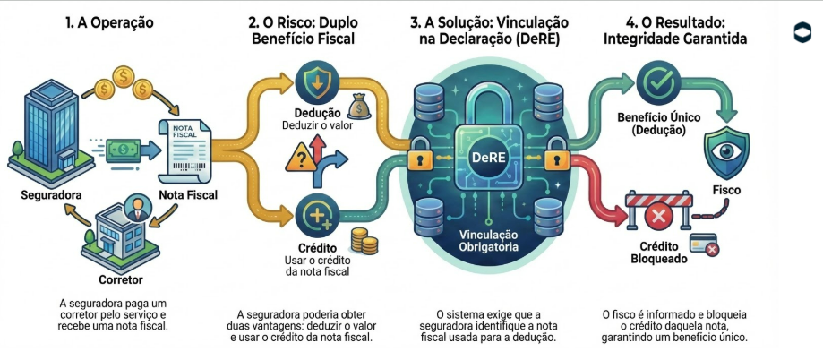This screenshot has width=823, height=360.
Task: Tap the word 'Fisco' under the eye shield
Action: click(726, 190)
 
